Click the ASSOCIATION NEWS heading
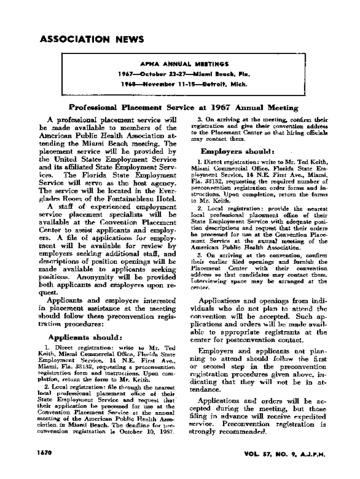pyautogui.click(x=92, y=39)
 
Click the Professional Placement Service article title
pyautogui.click(x=183, y=108)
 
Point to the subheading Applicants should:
pyautogui.click(x=85, y=337)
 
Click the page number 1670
pyautogui.click(x=44, y=453)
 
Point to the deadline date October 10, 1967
pyautogui.click(x=152, y=432)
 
